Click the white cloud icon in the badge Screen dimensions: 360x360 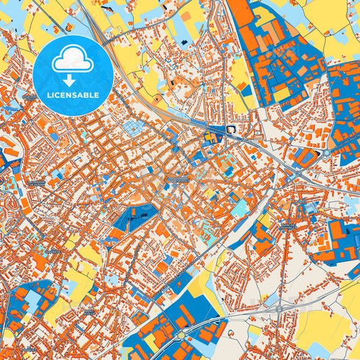click(72, 59)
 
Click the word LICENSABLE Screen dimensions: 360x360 click(72, 95)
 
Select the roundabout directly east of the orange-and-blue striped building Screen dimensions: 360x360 click(325, 153)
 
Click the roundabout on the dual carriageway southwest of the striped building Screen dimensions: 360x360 click(298, 174)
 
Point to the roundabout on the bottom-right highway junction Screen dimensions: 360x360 click(279, 309)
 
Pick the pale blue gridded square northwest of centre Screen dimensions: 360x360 click(133, 128)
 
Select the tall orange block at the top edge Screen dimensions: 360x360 click(238, 17)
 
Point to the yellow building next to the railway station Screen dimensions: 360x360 click(209, 138)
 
